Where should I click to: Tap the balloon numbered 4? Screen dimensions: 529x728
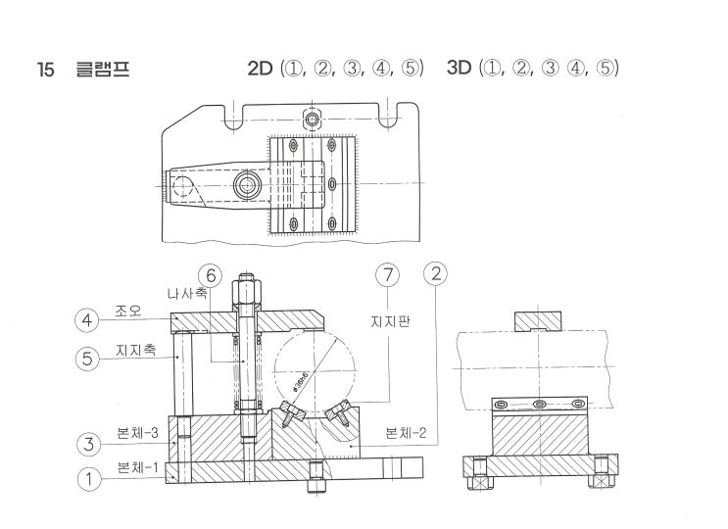click(x=88, y=319)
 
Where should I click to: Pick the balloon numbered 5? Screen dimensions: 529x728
click(x=88, y=359)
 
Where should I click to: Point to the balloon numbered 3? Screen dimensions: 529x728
click(x=88, y=444)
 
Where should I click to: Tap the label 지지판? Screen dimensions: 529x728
click(x=388, y=320)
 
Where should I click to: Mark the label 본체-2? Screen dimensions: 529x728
click(x=406, y=434)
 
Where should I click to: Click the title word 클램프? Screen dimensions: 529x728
click(x=103, y=70)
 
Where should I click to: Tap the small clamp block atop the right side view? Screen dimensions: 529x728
click(x=537, y=322)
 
